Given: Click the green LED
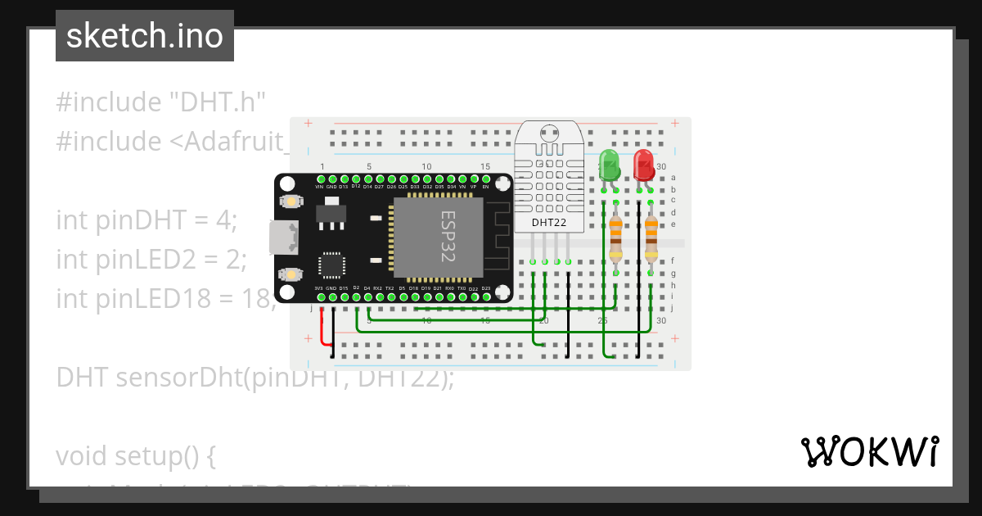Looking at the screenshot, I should pyautogui.click(x=610, y=164).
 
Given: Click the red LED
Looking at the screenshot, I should pyautogui.click(x=644, y=164).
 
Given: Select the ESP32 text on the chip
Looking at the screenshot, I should pyautogui.click(x=449, y=237).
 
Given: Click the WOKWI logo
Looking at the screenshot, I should pyautogui.click(x=869, y=451).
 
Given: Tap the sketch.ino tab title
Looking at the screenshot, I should pyautogui.click(x=144, y=36).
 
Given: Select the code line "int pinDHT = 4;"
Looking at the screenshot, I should pyautogui.click(x=146, y=220).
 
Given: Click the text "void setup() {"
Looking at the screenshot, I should pyautogui.click(x=136, y=455).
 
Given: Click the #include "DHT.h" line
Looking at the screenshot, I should pyautogui.click(x=161, y=102).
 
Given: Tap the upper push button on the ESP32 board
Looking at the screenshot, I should pyautogui.click(x=288, y=201).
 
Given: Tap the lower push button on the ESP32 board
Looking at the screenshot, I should pyautogui.click(x=288, y=274).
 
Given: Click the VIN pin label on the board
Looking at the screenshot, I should pyautogui.click(x=320, y=187).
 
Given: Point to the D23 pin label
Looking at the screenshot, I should pyautogui.click(x=485, y=288).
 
